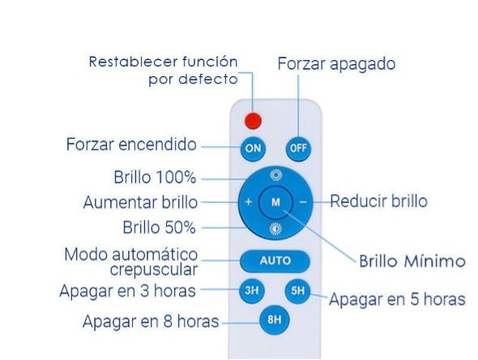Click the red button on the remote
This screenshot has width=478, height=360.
pos(253,121)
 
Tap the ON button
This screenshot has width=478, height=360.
pos(253,148)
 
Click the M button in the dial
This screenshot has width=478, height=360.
pos(275,202)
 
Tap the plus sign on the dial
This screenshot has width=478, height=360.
pos(249,202)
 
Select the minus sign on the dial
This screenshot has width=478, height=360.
pos(303,202)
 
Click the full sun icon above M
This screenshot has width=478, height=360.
pos(276,175)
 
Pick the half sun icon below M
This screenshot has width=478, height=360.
pos(275,229)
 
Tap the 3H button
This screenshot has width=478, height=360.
pos(252,291)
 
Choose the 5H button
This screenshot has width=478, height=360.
pos(297,291)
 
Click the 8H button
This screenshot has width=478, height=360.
pos(275,319)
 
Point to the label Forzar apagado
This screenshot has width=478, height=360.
pos(336,64)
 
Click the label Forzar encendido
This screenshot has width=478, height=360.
pos(131,144)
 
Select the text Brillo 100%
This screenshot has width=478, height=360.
pos(155,177)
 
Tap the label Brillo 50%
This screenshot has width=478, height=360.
pos(159,227)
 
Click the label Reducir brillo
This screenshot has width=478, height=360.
pos(379,201)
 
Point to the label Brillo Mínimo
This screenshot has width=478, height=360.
pos(412,261)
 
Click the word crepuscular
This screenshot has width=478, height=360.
pos(154,270)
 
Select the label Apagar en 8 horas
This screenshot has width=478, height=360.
pos(151,321)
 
